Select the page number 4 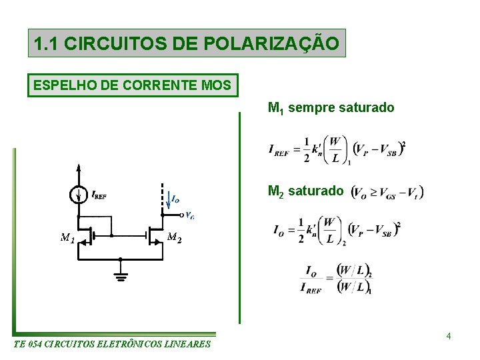449,335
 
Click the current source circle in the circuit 79,195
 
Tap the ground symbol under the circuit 121,275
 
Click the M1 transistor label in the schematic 67,237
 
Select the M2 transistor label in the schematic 174,237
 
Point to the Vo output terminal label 189,215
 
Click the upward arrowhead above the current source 79,168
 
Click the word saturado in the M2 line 316,191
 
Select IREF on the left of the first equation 279,150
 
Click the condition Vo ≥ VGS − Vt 387,192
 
